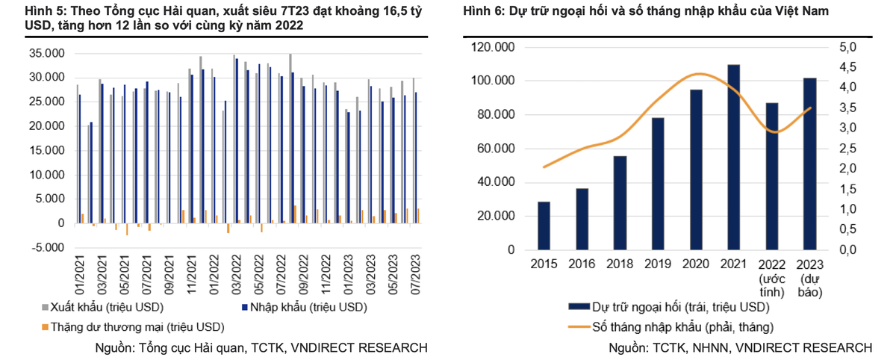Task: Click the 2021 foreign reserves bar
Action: [733, 157]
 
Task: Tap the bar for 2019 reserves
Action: [658, 184]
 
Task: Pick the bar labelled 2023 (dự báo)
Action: [810, 164]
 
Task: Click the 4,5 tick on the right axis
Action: [850, 67]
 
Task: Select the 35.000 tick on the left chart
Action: [47, 53]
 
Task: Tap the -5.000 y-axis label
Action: [47, 247]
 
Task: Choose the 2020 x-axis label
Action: [696, 264]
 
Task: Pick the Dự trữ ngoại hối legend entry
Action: [679, 307]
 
